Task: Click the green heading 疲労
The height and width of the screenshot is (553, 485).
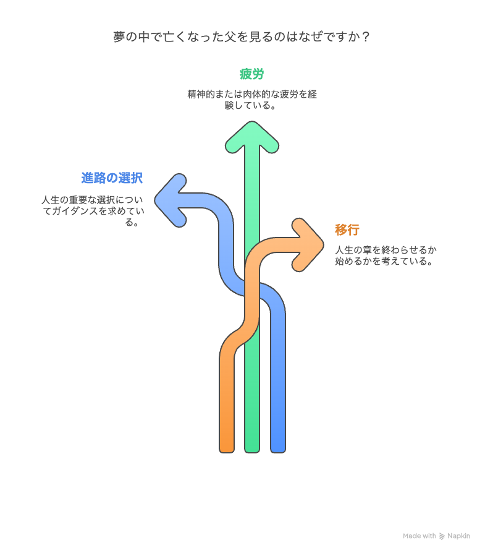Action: point(251,74)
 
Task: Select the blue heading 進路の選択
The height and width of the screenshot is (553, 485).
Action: point(112,178)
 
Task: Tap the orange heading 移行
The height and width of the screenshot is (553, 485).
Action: point(347,229)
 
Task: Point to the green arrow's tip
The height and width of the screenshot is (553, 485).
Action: point(252,122)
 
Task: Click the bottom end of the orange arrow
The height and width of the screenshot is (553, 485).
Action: point(227,452)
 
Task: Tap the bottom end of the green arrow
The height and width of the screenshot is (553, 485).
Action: point(252,452)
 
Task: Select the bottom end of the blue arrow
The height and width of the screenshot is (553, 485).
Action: point(278,452)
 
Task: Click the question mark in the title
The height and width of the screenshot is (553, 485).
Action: point(366,36)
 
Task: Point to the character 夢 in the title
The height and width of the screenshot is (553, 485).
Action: point(119,36)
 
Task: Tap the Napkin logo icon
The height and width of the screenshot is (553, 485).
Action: point(442,536)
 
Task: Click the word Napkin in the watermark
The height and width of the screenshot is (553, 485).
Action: point(458,536)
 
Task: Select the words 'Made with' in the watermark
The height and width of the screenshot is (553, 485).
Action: point(420,536)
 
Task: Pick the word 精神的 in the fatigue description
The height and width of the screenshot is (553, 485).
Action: point(201,94)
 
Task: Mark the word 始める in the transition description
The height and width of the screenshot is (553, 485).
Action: point(348,261)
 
